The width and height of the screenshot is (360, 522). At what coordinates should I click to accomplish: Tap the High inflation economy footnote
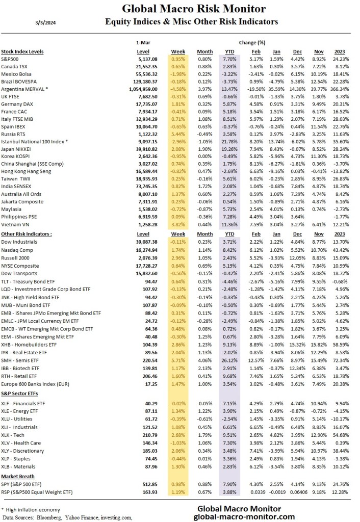[x=32, y=509]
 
